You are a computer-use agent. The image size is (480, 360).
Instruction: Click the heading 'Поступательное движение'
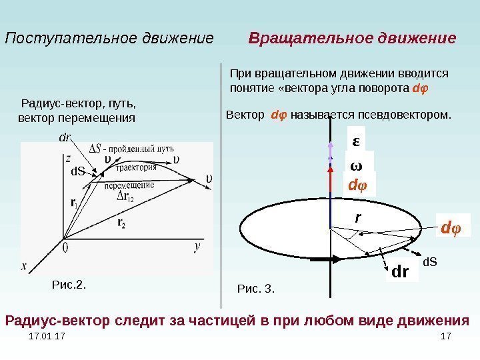[109, 38]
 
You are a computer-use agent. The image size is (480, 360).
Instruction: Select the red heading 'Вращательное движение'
[352, 38]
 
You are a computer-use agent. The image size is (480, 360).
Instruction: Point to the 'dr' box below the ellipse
[400, 272]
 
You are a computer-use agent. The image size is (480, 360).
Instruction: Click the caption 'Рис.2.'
[69, 285]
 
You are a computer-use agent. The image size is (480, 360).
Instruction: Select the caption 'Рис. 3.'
[256, 289]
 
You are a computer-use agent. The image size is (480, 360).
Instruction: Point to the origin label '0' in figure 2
[65, 247]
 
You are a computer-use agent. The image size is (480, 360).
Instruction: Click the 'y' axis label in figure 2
[197, 246]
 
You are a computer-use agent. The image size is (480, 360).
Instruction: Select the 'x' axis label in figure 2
[24, 265]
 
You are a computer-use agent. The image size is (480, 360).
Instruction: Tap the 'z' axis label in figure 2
[68, 158]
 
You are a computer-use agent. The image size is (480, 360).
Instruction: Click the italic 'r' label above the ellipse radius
[357, 217]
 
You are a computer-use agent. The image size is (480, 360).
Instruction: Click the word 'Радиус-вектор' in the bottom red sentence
[51, 321]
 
